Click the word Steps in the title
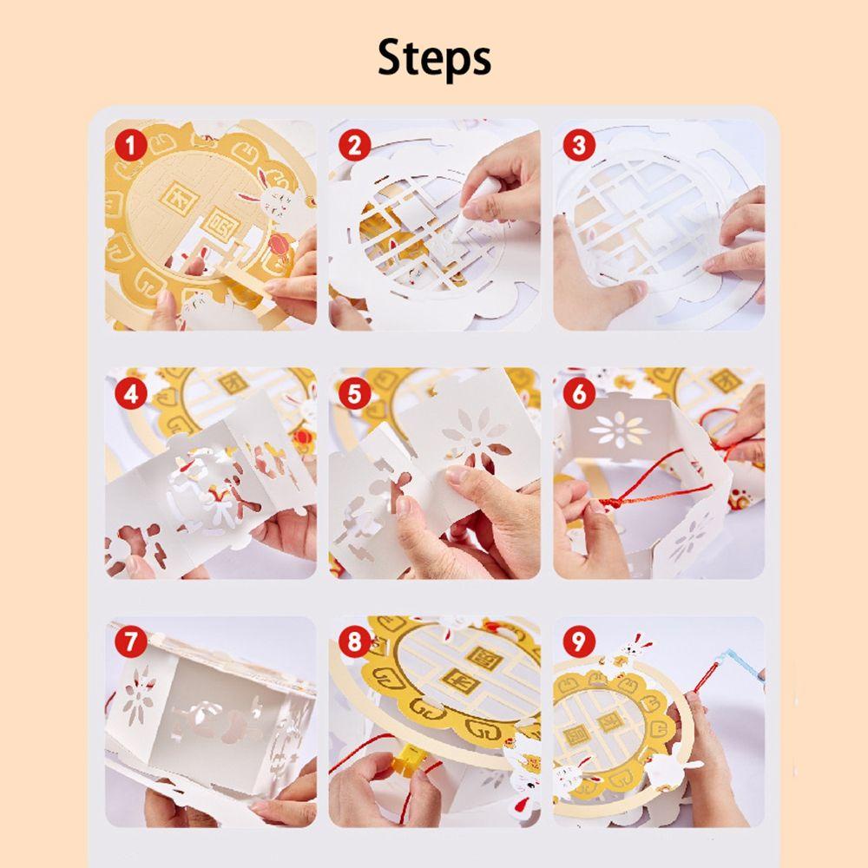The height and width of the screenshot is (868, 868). click(434, 58)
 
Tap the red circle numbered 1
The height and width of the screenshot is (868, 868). click(131, 146)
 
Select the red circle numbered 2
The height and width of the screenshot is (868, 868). click(354, 146)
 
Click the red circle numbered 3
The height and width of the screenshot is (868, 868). click(578, 146)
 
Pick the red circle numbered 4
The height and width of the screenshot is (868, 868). click(131, 394)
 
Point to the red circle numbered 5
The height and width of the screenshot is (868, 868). click(354, 394)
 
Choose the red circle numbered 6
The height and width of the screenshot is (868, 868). click(578, 394)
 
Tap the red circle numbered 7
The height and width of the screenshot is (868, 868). click(131, 642)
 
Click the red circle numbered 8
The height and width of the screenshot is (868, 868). click(354, 642)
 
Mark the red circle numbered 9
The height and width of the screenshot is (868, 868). click(578, 642)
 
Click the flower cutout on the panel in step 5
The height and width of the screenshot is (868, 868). click(476, 435)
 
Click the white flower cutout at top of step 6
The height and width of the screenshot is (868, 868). click(619, 429)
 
